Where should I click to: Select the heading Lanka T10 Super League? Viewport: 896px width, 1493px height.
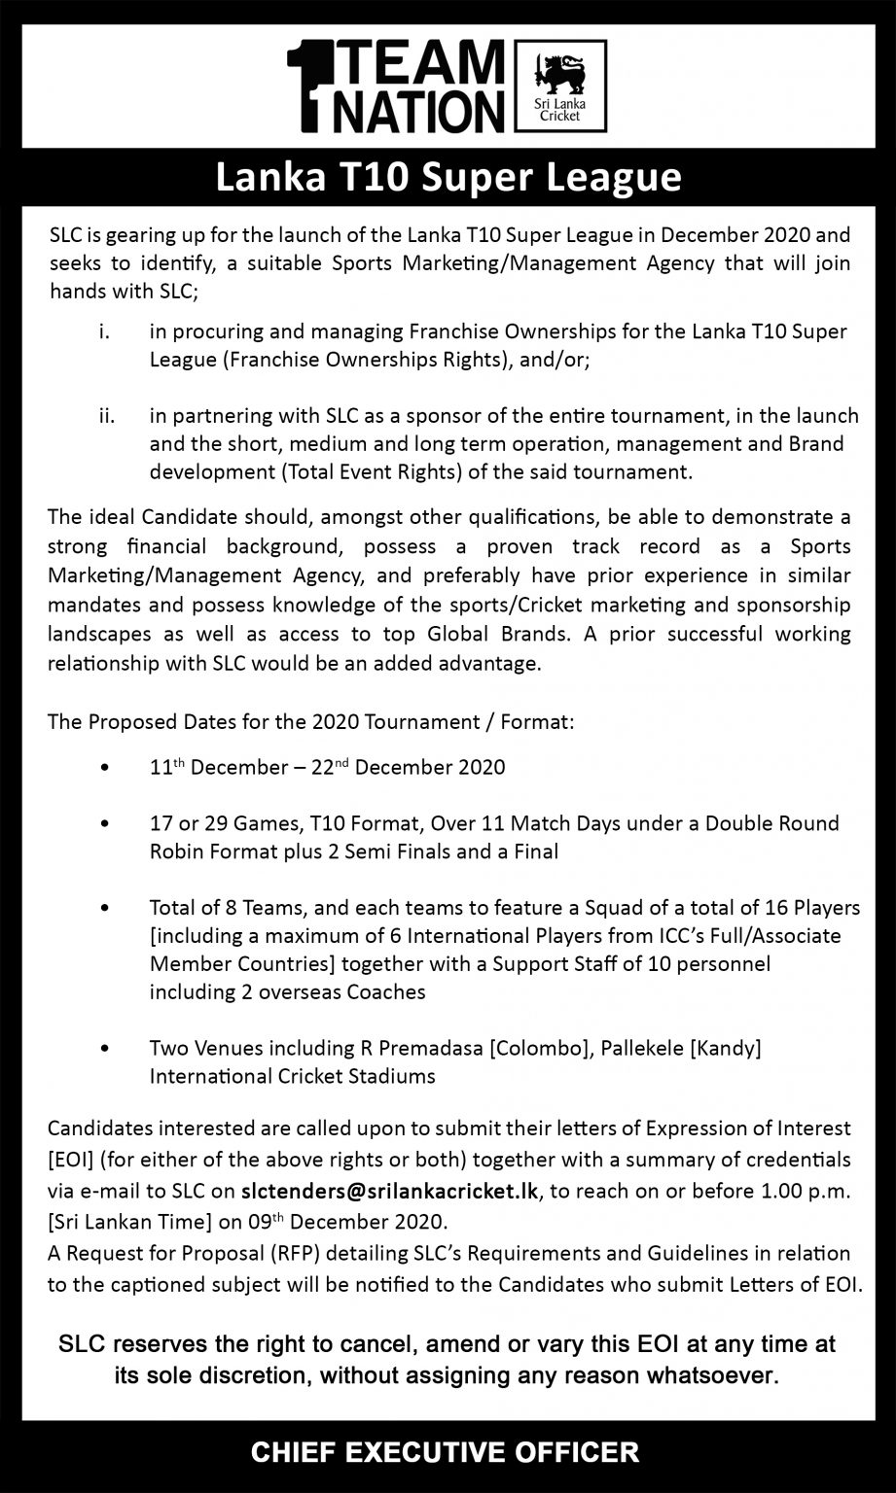tap(448, 178)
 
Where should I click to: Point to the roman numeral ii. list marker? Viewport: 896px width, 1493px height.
tap(107, 416)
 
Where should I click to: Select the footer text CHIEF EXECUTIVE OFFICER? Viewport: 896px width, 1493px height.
tap(446, 1452)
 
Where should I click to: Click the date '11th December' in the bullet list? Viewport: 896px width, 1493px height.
tap(204, 767)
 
